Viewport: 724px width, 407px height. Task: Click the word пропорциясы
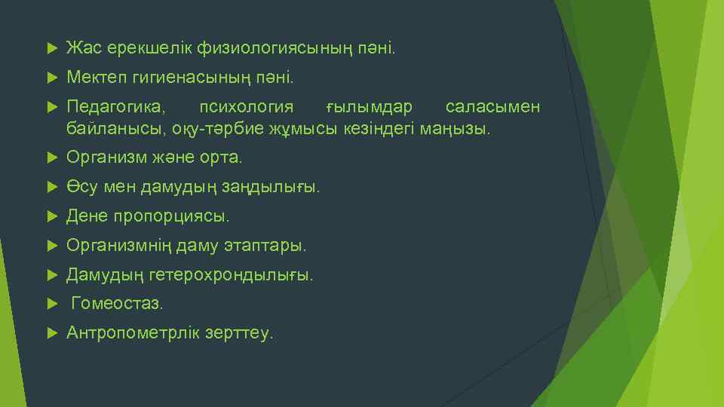pos(170,216)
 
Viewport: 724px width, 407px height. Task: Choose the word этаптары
pos(265,246)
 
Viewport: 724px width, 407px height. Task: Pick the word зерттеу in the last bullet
pos(239,333)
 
